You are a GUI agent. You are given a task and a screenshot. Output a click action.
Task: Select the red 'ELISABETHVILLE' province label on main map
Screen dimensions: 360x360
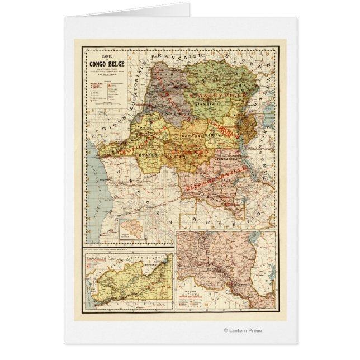click(x=213, y=177)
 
